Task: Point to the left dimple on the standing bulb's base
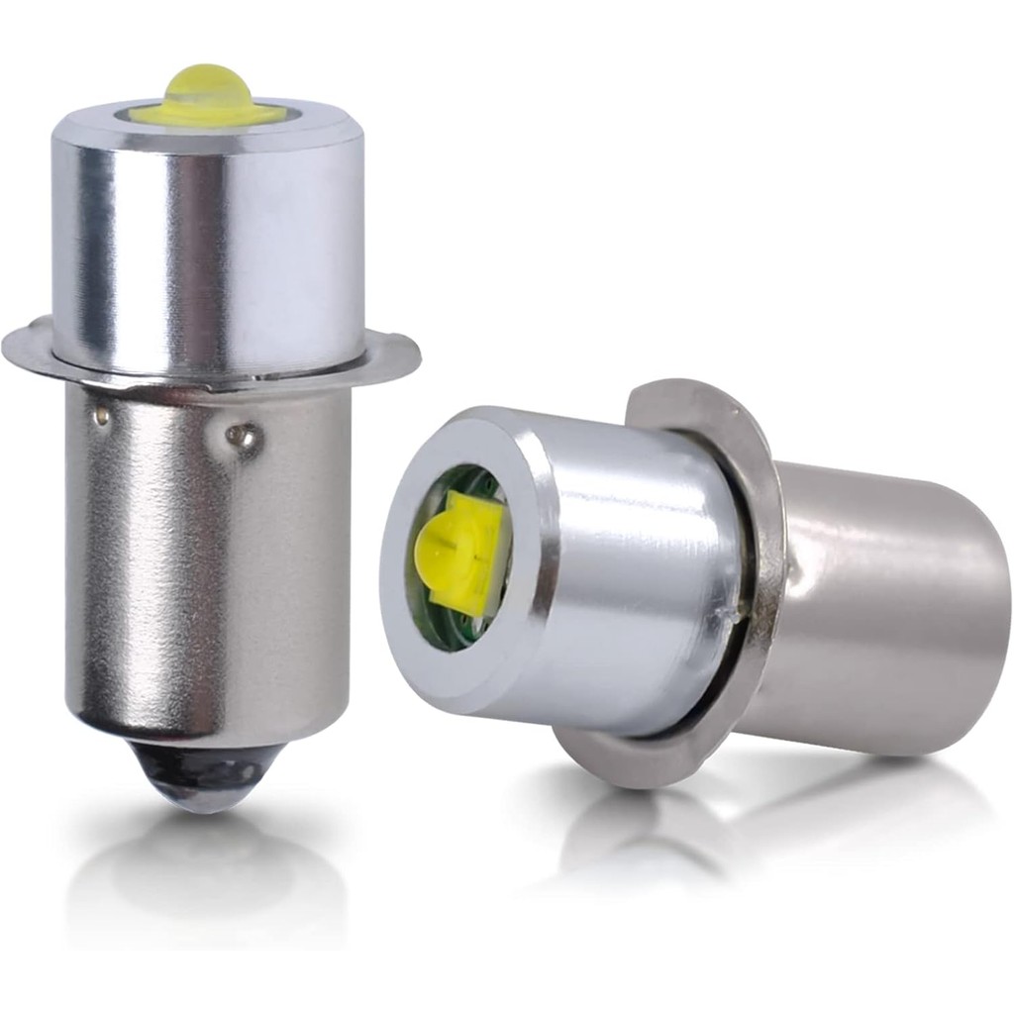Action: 100,417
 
